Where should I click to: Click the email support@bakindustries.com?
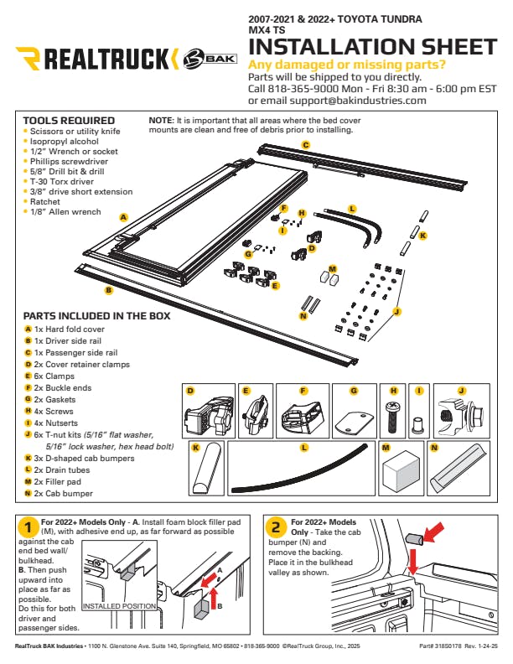click(358, 100)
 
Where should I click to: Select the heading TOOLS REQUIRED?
click(69, 121)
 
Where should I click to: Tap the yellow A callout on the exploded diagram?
click(123, 217)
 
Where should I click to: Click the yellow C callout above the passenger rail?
click(306, 145)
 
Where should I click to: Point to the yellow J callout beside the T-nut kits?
click(396, 311)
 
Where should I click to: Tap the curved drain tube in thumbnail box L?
click(302, 472)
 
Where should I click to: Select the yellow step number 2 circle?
click(276, 528)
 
